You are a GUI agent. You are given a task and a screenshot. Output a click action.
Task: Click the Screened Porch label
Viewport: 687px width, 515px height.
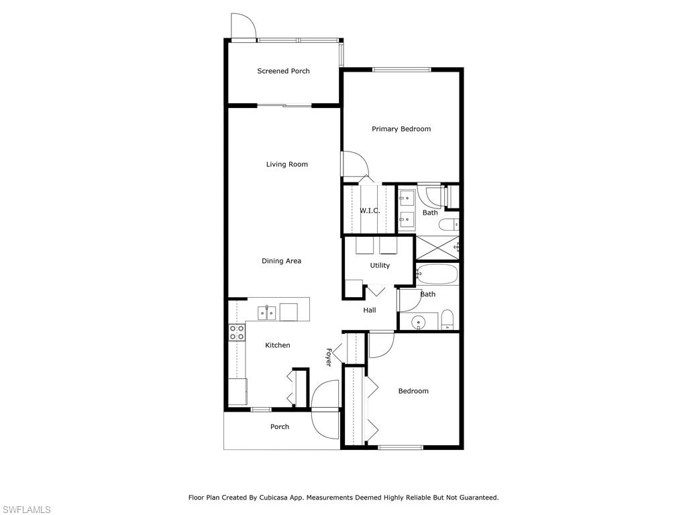(283, 71)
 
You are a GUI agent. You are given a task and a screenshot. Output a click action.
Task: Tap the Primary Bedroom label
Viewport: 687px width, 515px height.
(401, 129)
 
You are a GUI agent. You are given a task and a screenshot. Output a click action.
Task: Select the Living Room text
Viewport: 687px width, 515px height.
(287, 164)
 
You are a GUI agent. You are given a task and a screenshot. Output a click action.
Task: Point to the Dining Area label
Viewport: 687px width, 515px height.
(281, 261)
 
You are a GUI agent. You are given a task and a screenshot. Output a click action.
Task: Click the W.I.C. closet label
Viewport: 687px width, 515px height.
(370, 211)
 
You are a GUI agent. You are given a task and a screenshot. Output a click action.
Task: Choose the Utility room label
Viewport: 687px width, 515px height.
(380, 266)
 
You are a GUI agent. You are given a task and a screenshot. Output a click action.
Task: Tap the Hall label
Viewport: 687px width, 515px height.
(370, 310)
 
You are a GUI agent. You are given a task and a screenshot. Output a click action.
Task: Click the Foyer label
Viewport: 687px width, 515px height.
(329, 357)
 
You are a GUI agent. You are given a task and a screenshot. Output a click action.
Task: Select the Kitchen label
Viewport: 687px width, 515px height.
(277, 345)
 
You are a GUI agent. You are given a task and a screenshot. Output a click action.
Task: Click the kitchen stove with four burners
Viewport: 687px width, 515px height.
(237, 333)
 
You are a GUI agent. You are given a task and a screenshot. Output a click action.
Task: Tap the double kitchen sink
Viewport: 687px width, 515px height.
(266, 312)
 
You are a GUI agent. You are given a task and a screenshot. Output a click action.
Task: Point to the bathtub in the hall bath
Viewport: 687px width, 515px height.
(436, 274)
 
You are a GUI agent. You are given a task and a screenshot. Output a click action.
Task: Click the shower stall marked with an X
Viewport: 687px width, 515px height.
(437, 248)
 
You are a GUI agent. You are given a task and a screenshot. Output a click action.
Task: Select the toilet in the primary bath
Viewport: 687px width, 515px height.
(449, 224)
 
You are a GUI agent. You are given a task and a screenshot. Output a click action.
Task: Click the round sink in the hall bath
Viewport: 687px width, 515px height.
(419, 323)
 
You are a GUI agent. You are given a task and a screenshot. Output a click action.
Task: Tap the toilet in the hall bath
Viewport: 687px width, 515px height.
(447, 320)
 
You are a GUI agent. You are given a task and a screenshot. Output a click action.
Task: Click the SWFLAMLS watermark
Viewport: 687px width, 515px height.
(25, 510)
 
